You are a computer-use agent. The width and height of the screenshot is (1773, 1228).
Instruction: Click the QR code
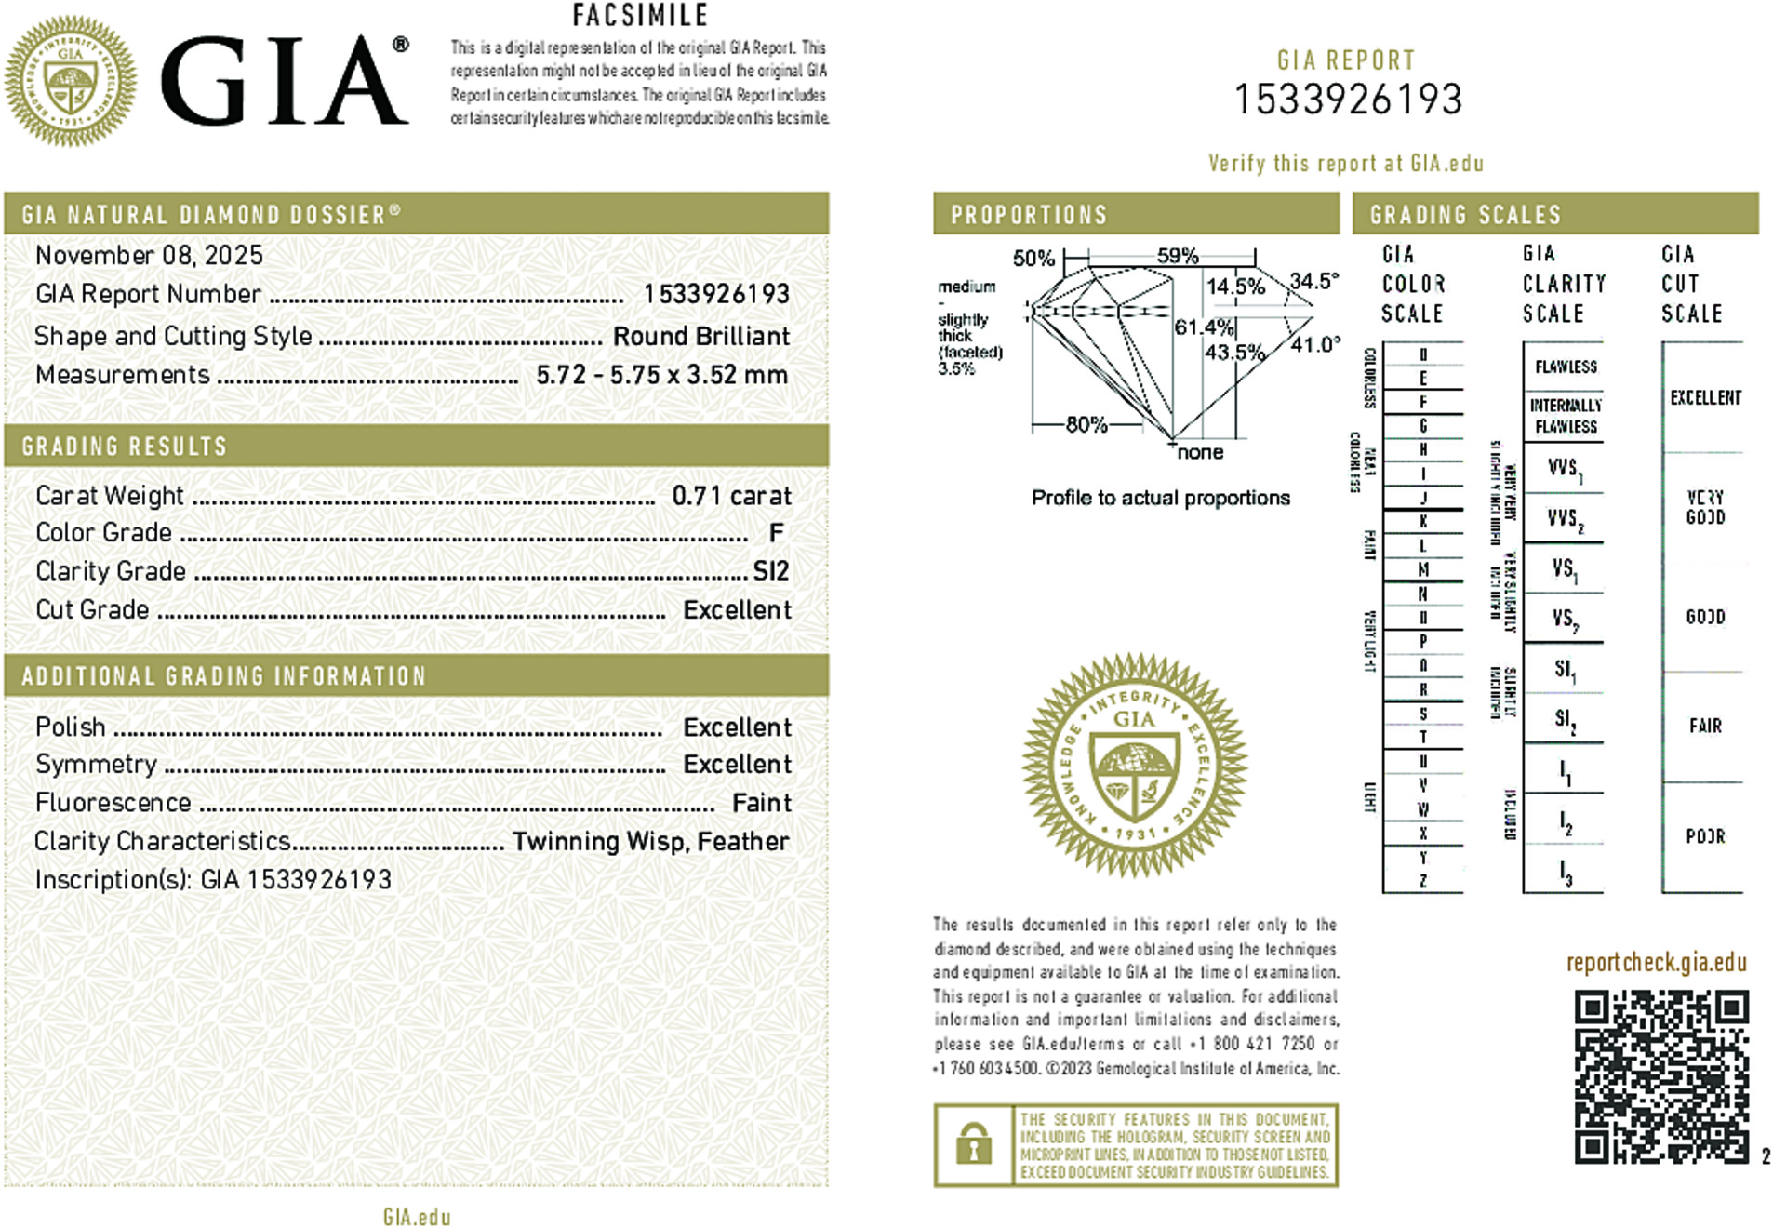[1660, 1076]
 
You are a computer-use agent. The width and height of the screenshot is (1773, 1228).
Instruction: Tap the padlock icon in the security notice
[973, 1145]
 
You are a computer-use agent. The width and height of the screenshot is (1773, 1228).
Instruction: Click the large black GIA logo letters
[284, 82]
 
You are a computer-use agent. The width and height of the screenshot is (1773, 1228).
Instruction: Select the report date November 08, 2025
[149, 255]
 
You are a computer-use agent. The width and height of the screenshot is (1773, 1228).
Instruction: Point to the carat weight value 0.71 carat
[731, 496]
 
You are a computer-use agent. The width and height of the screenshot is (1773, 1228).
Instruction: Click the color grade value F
[776, 533]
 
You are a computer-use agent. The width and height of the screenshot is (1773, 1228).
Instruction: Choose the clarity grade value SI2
[770, 571]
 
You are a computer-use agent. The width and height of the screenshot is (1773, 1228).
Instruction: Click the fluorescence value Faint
[761, 803]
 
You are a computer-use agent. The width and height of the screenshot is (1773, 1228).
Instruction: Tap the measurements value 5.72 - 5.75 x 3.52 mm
[661, 375]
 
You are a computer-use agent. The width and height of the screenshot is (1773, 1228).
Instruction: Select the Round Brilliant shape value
[700, 336]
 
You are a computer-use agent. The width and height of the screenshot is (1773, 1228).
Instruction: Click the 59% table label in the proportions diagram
[1177, 256]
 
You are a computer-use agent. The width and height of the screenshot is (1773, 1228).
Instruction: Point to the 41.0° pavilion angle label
[1314, 344]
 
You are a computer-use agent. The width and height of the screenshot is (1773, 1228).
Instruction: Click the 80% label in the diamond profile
[1086, 425]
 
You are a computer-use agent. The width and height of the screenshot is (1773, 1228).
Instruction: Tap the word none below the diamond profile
[1200, 453]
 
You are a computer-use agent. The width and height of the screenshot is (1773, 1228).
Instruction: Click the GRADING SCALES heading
[1465, 215]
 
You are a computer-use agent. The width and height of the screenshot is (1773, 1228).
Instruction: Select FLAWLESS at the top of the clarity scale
[1566, 367]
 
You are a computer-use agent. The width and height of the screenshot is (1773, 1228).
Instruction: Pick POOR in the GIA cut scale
[1705, 836]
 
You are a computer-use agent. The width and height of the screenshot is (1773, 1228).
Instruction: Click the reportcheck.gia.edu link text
[1656, 963]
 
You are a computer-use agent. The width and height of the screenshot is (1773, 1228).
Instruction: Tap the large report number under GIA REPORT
[1348, 100]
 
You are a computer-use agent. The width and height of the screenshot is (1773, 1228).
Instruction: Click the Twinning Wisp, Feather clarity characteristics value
[650, 841]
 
